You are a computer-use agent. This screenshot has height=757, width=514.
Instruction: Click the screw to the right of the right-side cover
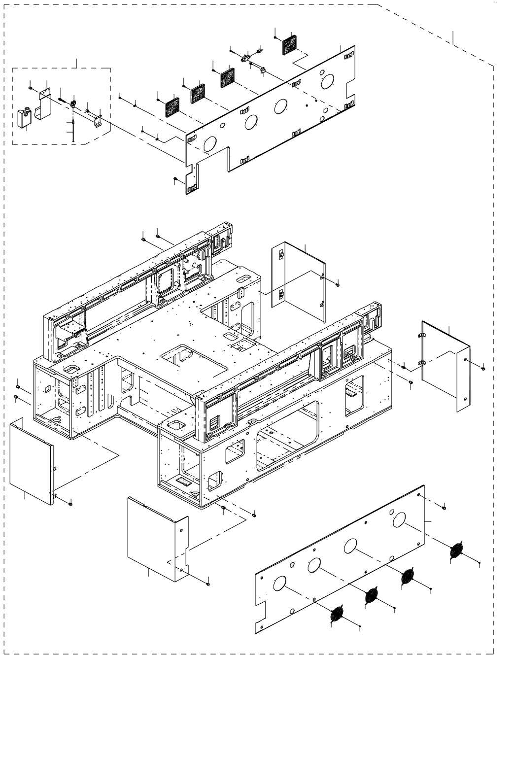coord(482,366)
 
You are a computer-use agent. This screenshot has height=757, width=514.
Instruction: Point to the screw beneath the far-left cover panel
coord(70,504)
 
